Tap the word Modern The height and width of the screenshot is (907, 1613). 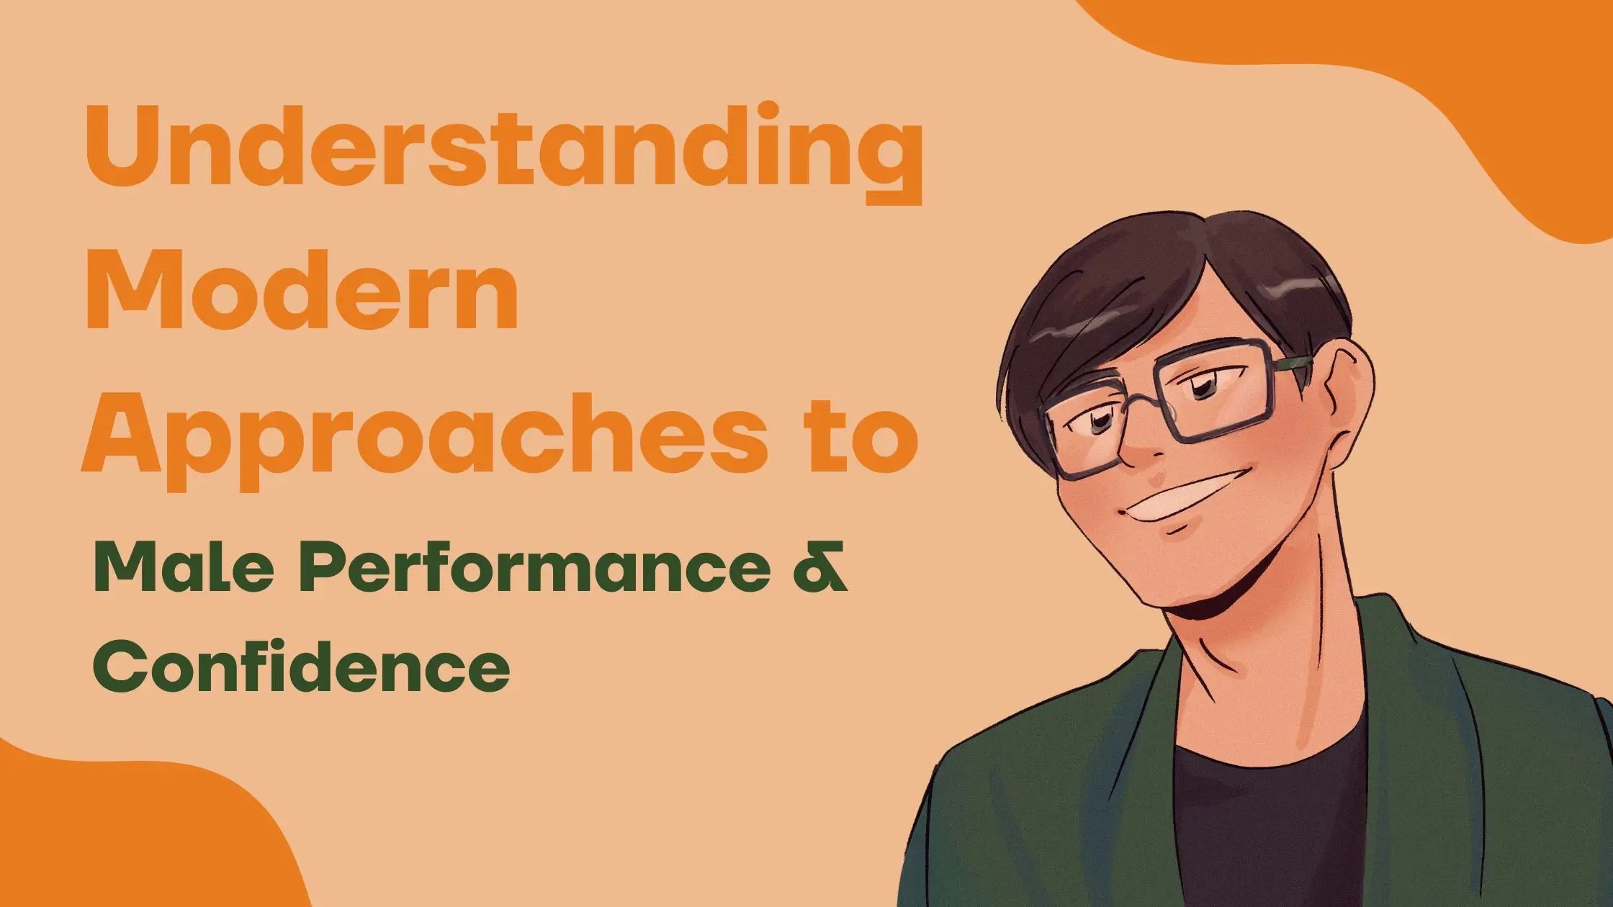coord(302,292)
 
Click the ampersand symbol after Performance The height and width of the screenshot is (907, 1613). coord(821,569)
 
